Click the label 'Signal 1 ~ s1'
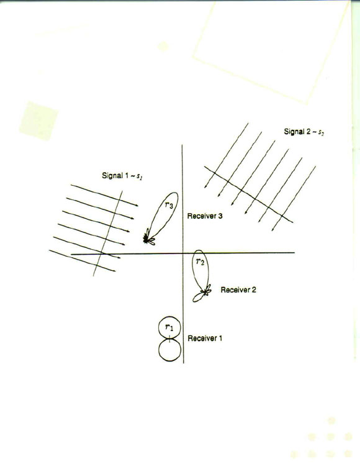tap(122, 176)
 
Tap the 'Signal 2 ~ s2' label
tap(304, 132)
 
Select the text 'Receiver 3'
tap(205, 216)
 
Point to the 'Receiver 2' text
tap(238, 290)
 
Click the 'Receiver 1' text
tap(205, 338)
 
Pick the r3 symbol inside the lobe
tap(169, 204)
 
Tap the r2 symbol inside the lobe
tap(200, 262)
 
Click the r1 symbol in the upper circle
tap(169, 327)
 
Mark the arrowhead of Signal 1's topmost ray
tap(137, 206)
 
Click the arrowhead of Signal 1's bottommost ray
tap(114, 270)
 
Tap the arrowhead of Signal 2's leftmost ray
tap(205, 186)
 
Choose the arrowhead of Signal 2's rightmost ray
tap(272, 229)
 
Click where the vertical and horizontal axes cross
tap(182, 254)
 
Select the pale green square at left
tap(38, 121)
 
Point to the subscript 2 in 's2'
tap(323, 134)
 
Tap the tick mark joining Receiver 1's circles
tap(169, 339)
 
